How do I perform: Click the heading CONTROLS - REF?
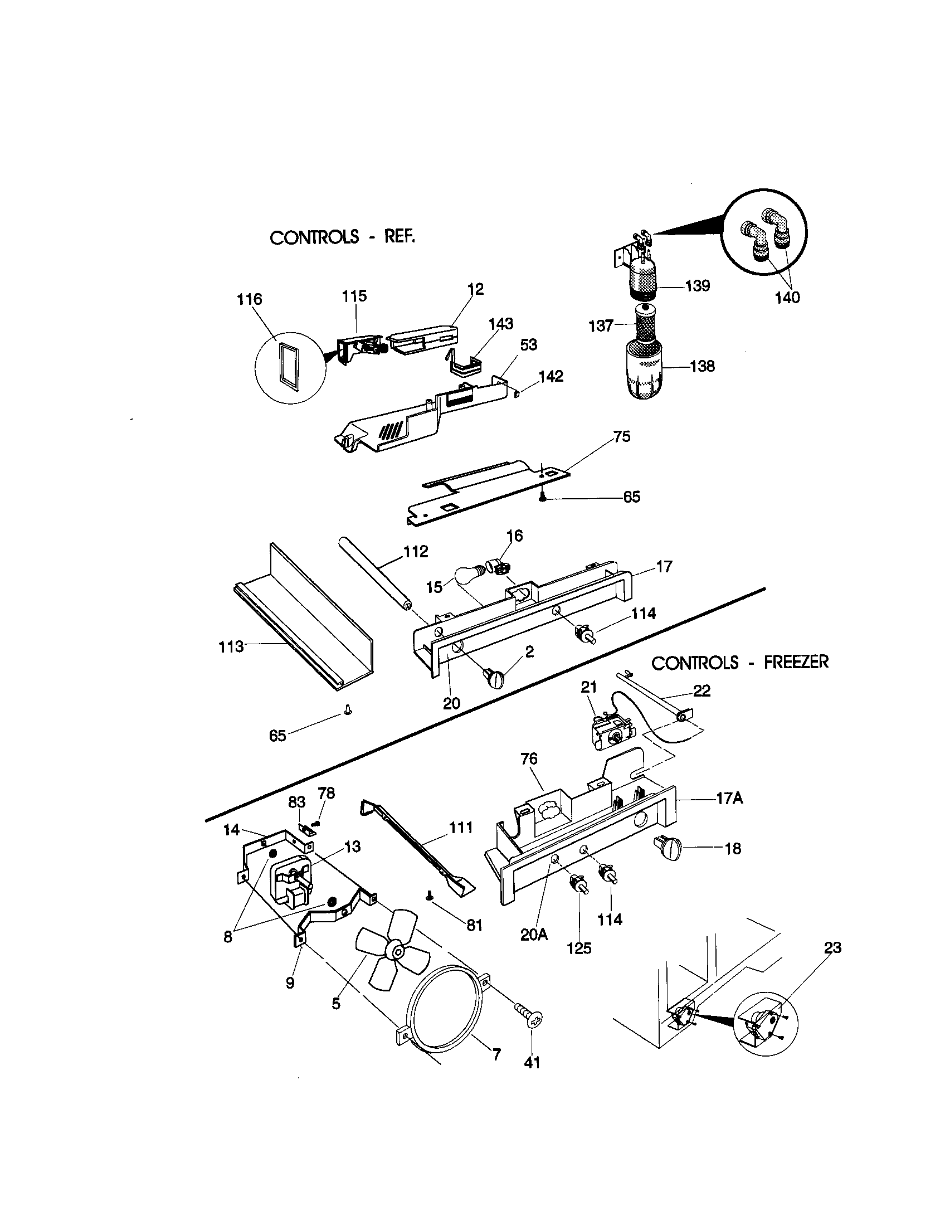(x=342, y=237)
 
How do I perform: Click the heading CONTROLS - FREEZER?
(x=739, y=663)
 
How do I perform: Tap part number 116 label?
(x=249, y=299)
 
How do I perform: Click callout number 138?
(x=702, y=367)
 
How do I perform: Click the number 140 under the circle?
(x=787, y=298)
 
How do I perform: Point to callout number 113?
(x=231, y=647)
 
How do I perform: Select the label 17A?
(x=729, y=798)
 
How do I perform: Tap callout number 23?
(x=833, y=948)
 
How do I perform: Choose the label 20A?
(x=534, y=935)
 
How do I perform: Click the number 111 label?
(x=461, y=828)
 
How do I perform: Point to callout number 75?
(x=622, y=437)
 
